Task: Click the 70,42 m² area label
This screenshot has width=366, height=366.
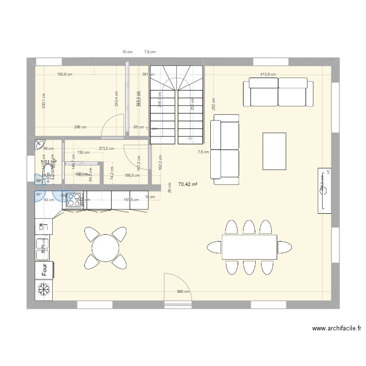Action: point(187,184)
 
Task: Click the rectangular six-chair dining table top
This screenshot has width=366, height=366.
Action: point(249,247)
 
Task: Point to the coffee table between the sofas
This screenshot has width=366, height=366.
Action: point(274,151)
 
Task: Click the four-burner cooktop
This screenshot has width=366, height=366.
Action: point(75,200)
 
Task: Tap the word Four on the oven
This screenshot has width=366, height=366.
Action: point(44,268)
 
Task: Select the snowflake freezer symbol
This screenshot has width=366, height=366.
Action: point(44,289)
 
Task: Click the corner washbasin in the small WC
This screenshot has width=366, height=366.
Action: point(39,144)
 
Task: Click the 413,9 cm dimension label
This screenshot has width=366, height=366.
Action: point(268,75)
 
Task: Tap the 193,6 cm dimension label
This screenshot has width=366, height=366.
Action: point(64,75)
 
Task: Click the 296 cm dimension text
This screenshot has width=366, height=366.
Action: point(81,127)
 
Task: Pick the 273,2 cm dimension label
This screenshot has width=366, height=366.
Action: point(106,148)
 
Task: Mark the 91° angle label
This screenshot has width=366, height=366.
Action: point(39,194)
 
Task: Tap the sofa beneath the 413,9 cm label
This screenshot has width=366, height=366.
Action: point(278,93)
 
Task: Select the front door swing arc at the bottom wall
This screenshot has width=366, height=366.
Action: point(178,283)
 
